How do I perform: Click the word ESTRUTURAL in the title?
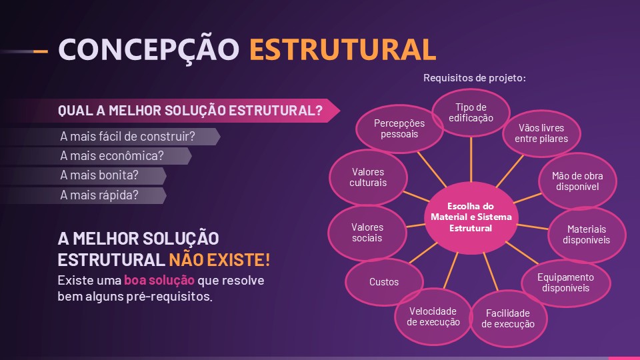pyautogui.click(x=343, y=49)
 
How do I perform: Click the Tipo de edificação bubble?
pyautogui.click(x=471, y=113)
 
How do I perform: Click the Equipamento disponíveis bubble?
pyautogui.click(x=565, y=282)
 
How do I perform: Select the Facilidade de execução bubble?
pyautogui.click(x=507, y=319)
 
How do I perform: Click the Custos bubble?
pyautogui.click(x=384, y=282)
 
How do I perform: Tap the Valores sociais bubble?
pyautogui.click(x=367, y=233)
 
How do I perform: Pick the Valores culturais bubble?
pyautogui.click(x=369, y=177)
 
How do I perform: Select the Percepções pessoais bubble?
pyautogui.click(x=399, y=129)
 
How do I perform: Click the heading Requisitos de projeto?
pyautogui.click(x=475, y=79)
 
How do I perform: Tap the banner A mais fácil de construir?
pyautogui.click(x=128, y=137)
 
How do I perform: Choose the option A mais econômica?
pyautogui.click(x=113, y=156)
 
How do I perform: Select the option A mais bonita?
pyautogui.click(x=100, y=176)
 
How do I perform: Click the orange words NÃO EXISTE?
pyautogui.click(x=219, y=259)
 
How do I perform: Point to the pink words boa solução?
pyautogui.click(x=159, y=280)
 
